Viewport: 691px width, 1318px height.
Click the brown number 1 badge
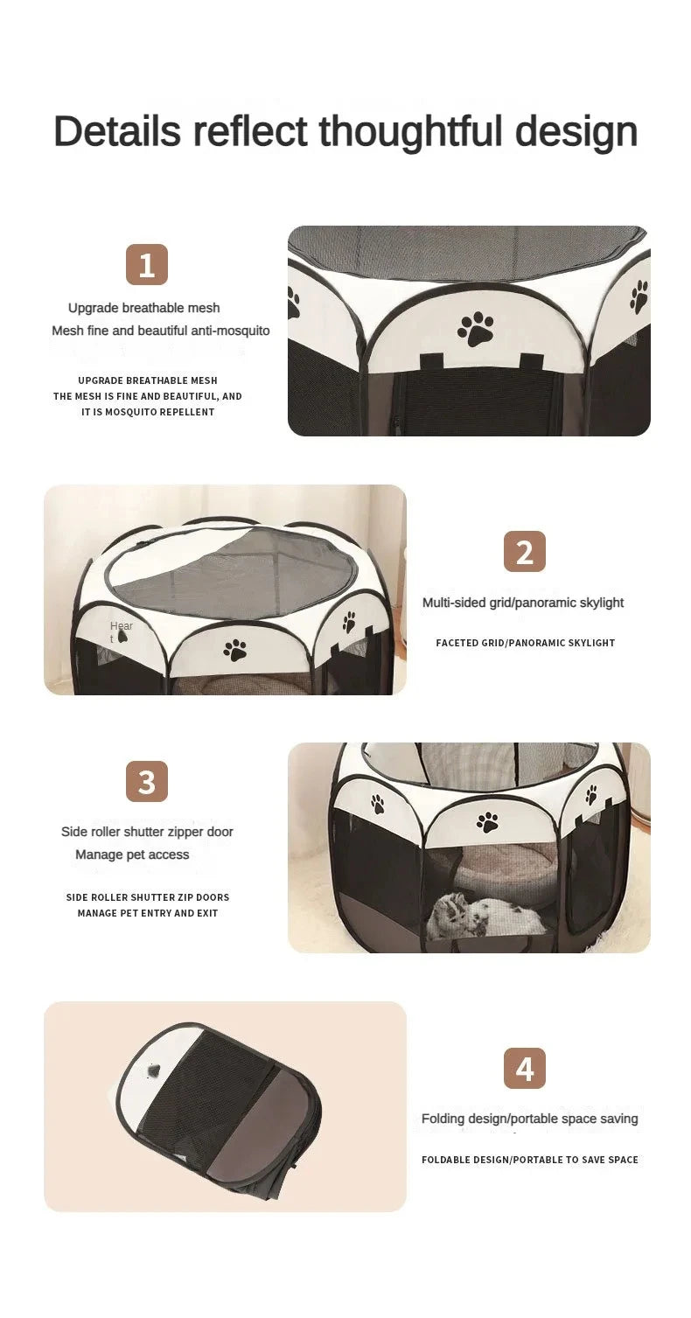tap(147, 265)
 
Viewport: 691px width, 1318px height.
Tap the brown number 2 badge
tap(525, 551)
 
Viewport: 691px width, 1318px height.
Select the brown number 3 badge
tap(147, 781)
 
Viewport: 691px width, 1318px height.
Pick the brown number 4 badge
tap(525, 1068)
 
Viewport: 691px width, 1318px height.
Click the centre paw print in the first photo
tap(476, 328)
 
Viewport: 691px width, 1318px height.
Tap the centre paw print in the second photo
tap(234, 650)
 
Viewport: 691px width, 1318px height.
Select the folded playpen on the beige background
tap(219, 1107)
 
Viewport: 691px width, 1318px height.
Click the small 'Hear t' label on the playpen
tap(121, 631)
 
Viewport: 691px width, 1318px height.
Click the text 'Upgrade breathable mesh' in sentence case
tap(144, 308)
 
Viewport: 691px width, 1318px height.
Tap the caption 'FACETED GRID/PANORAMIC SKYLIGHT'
tap(525, 643)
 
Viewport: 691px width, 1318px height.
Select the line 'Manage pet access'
tap(132, 854)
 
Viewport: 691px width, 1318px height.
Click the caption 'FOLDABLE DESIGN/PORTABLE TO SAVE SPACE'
tap(530, 1160)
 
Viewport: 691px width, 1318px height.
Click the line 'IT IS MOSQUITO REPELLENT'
tap(148, 413)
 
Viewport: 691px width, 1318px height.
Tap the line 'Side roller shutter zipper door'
tap(147, 832)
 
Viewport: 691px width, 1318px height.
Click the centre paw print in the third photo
tap(487, 822)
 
